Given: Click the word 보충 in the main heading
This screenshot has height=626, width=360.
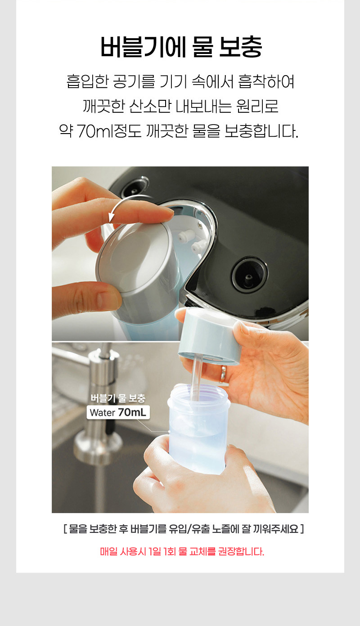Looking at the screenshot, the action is pos(241,47).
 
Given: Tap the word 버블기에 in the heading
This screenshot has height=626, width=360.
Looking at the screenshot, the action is pos(143,47).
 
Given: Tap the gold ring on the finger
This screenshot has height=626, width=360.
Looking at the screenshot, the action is pos(223,374).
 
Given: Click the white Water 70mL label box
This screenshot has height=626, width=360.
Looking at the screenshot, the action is pos(118,412).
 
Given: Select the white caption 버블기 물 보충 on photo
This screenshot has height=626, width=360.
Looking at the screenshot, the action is pos(118,398).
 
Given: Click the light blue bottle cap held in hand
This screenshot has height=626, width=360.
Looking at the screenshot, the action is pos(209,336).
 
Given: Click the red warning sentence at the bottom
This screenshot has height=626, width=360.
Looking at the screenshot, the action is pos(182,552).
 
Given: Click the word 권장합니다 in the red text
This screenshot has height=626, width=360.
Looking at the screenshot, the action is pos(241,552).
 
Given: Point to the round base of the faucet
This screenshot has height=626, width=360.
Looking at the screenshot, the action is pos(98,447).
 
